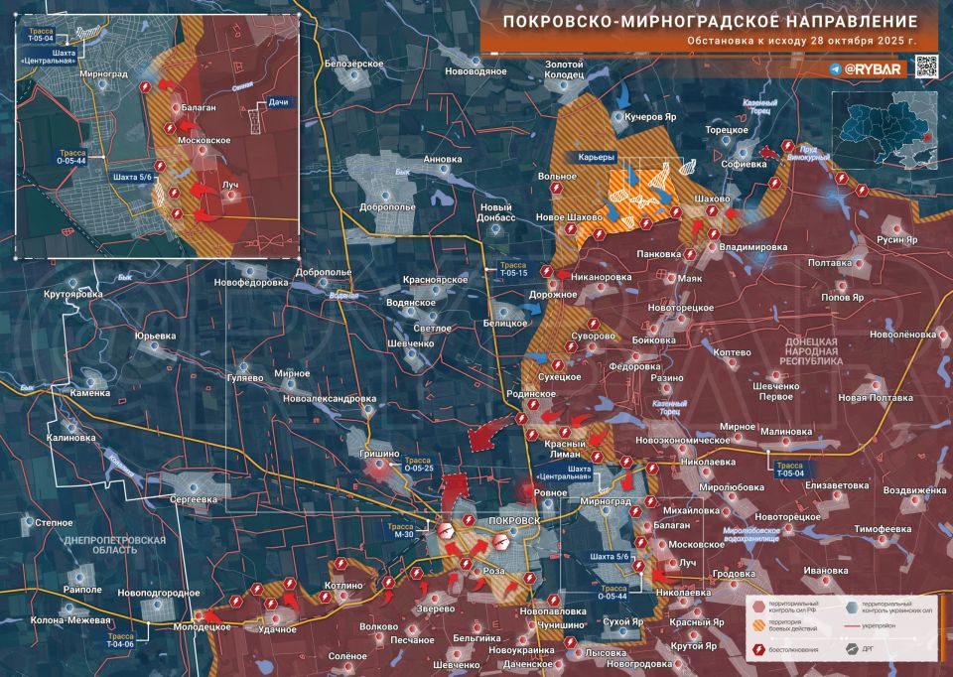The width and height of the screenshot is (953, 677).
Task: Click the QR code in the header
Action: (x=925, y=67)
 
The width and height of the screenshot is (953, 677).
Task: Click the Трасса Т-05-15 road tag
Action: (x=513, y=271)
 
